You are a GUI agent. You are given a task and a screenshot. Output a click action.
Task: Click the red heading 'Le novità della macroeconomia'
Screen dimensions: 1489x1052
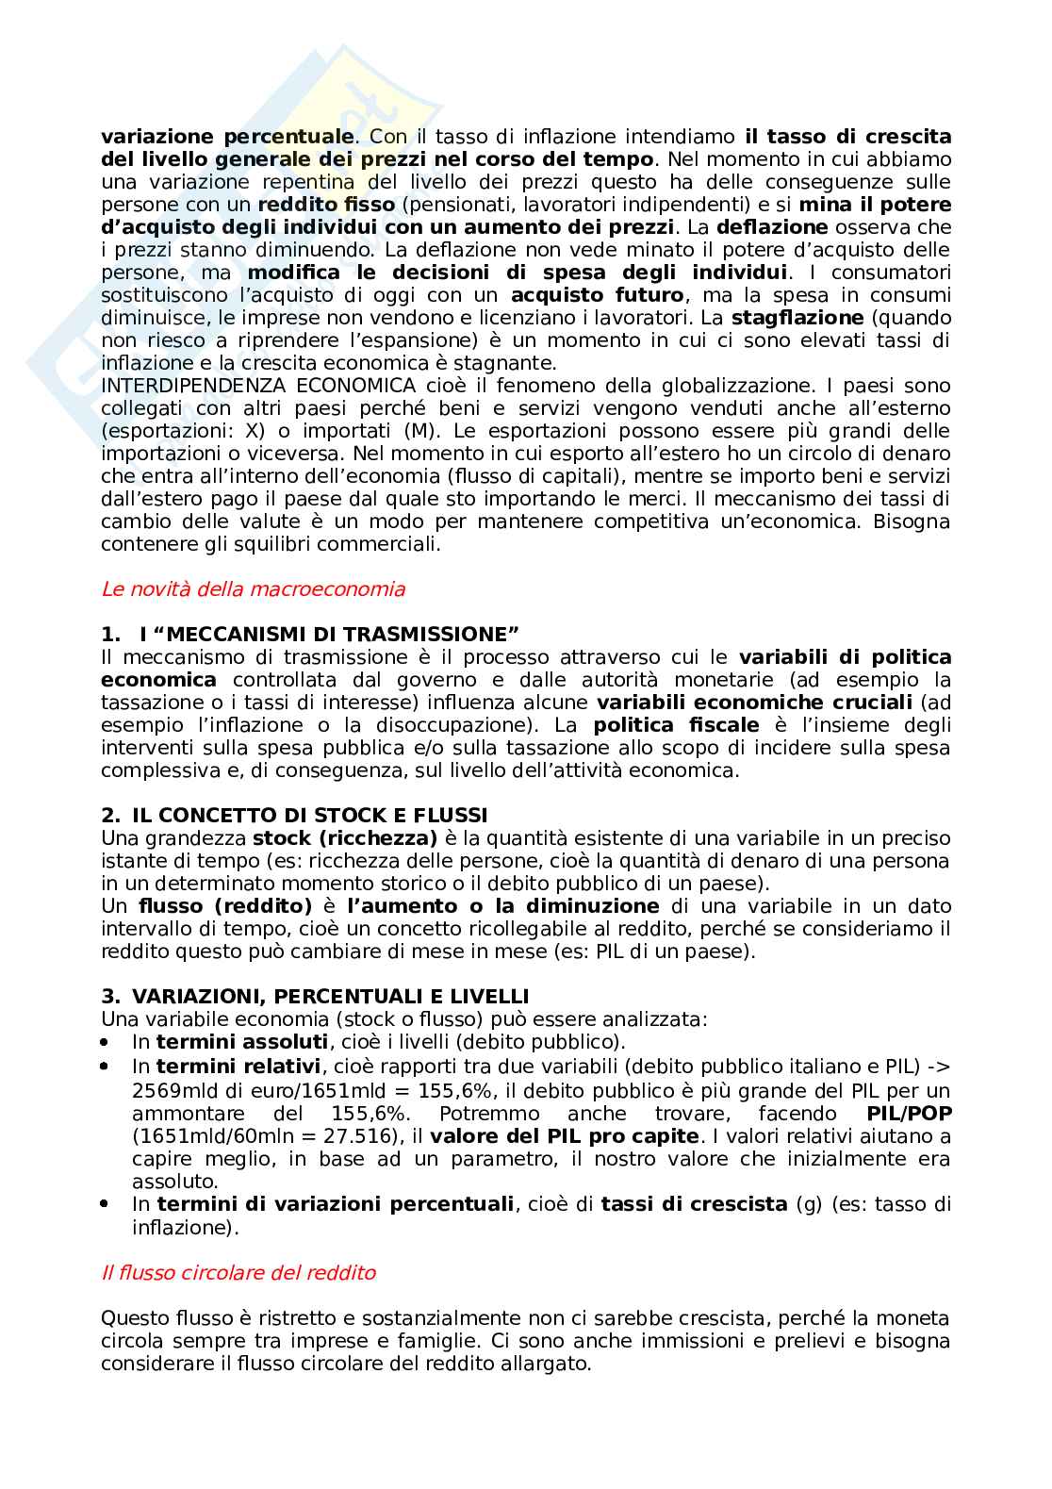(253, 589)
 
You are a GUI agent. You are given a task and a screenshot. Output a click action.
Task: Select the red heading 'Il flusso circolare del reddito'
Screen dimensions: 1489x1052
(238, 1272)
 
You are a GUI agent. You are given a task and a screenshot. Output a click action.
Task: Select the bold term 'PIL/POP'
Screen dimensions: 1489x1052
(908, 1113)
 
